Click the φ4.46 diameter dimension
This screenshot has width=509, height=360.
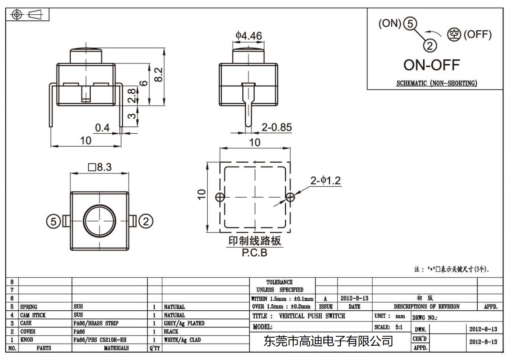coord(248,36)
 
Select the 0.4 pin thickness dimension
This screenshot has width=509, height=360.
coord(102,128)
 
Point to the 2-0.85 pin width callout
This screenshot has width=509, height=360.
coord(276,127)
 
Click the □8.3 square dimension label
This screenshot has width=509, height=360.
coord(100,167)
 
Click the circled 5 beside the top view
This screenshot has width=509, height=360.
coord(53,222)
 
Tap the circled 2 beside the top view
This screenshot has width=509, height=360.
coord(146,221)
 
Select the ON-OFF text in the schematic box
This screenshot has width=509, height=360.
coord(431,65)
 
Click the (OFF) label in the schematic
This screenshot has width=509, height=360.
coord(477,34)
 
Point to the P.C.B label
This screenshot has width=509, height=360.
coord(254,253)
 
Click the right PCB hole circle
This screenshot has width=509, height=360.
coord(290,197)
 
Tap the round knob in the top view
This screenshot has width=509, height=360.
coord(100,221)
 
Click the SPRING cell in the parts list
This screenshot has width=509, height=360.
coord(29,307)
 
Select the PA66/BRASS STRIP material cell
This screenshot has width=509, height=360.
coord(96,323)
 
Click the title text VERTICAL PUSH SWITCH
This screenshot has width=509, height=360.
coord(312,316)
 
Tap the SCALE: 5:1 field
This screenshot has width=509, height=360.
coord(388,327)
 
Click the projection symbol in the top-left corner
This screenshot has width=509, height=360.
coord(27,15)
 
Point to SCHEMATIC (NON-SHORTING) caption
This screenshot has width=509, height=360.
coord(436,83)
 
